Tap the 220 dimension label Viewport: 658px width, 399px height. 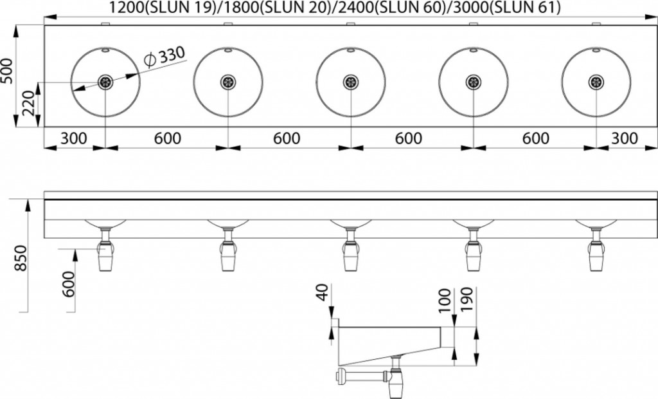29,103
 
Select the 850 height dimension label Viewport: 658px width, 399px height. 20,258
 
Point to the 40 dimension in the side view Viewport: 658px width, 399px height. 323,293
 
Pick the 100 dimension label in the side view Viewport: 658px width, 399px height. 444,299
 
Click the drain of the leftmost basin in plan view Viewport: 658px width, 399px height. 105,82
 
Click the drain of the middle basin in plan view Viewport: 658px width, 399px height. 350,82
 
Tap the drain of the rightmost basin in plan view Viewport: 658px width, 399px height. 596,82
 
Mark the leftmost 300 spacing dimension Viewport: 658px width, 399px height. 74,138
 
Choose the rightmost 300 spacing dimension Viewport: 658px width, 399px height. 625,138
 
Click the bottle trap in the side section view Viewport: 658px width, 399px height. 395,378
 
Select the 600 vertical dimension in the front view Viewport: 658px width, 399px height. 69,284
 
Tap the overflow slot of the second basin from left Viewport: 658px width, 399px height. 228,50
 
